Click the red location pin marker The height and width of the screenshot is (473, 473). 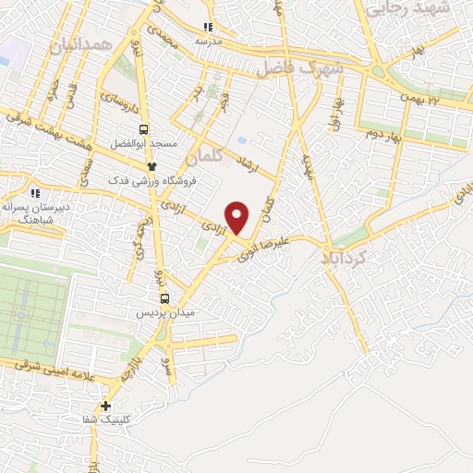pos(238,216)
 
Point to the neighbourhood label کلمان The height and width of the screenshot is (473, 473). pos(205,156)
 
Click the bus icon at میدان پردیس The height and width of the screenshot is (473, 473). pos(164,297)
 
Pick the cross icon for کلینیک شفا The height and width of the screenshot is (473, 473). pos(106,406)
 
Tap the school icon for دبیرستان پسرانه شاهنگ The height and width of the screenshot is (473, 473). pos(35,194)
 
